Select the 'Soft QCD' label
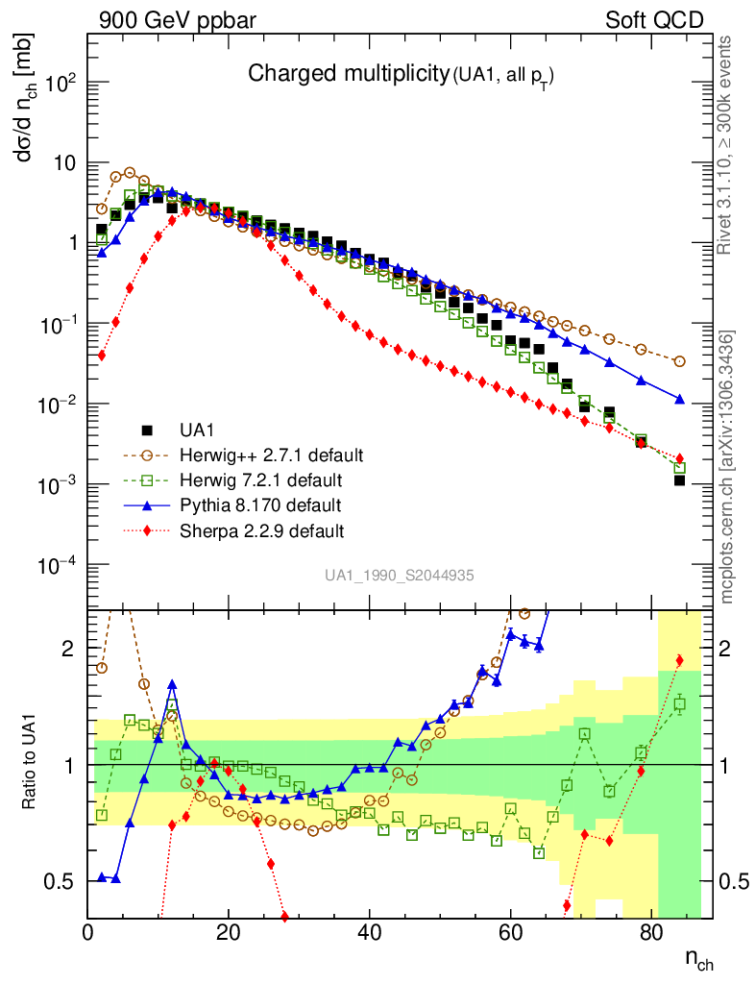(654, 20)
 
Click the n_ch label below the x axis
(698, 958)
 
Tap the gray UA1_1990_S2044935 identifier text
(399, 576)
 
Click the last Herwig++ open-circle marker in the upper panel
(680, 361)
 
